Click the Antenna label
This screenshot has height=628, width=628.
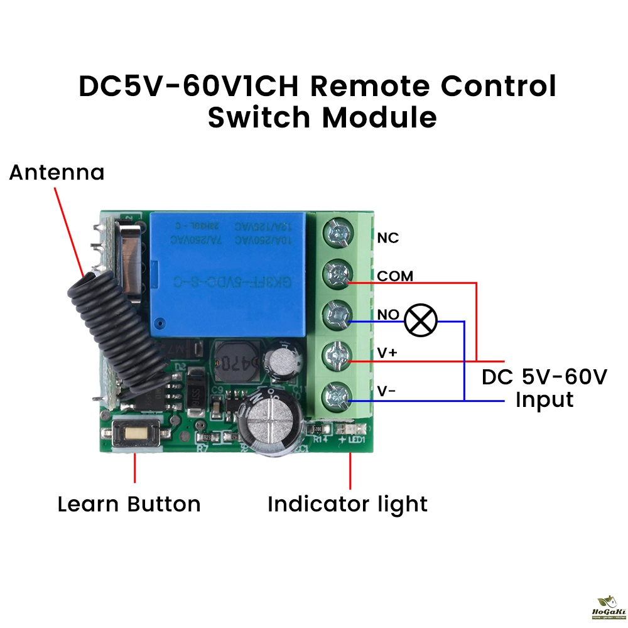pos(57,172)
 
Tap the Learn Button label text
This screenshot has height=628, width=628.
pos(129,504)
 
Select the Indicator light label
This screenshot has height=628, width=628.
pos(347,504)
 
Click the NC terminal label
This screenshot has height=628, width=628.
pos(388,238)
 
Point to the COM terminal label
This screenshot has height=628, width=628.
pos(395,276)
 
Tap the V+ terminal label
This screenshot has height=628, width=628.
pos(387,353)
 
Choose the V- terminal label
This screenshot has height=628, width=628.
pos(386,391)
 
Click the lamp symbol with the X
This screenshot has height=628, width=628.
pos(420,320)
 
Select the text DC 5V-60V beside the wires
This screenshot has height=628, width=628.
pos(544,377)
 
